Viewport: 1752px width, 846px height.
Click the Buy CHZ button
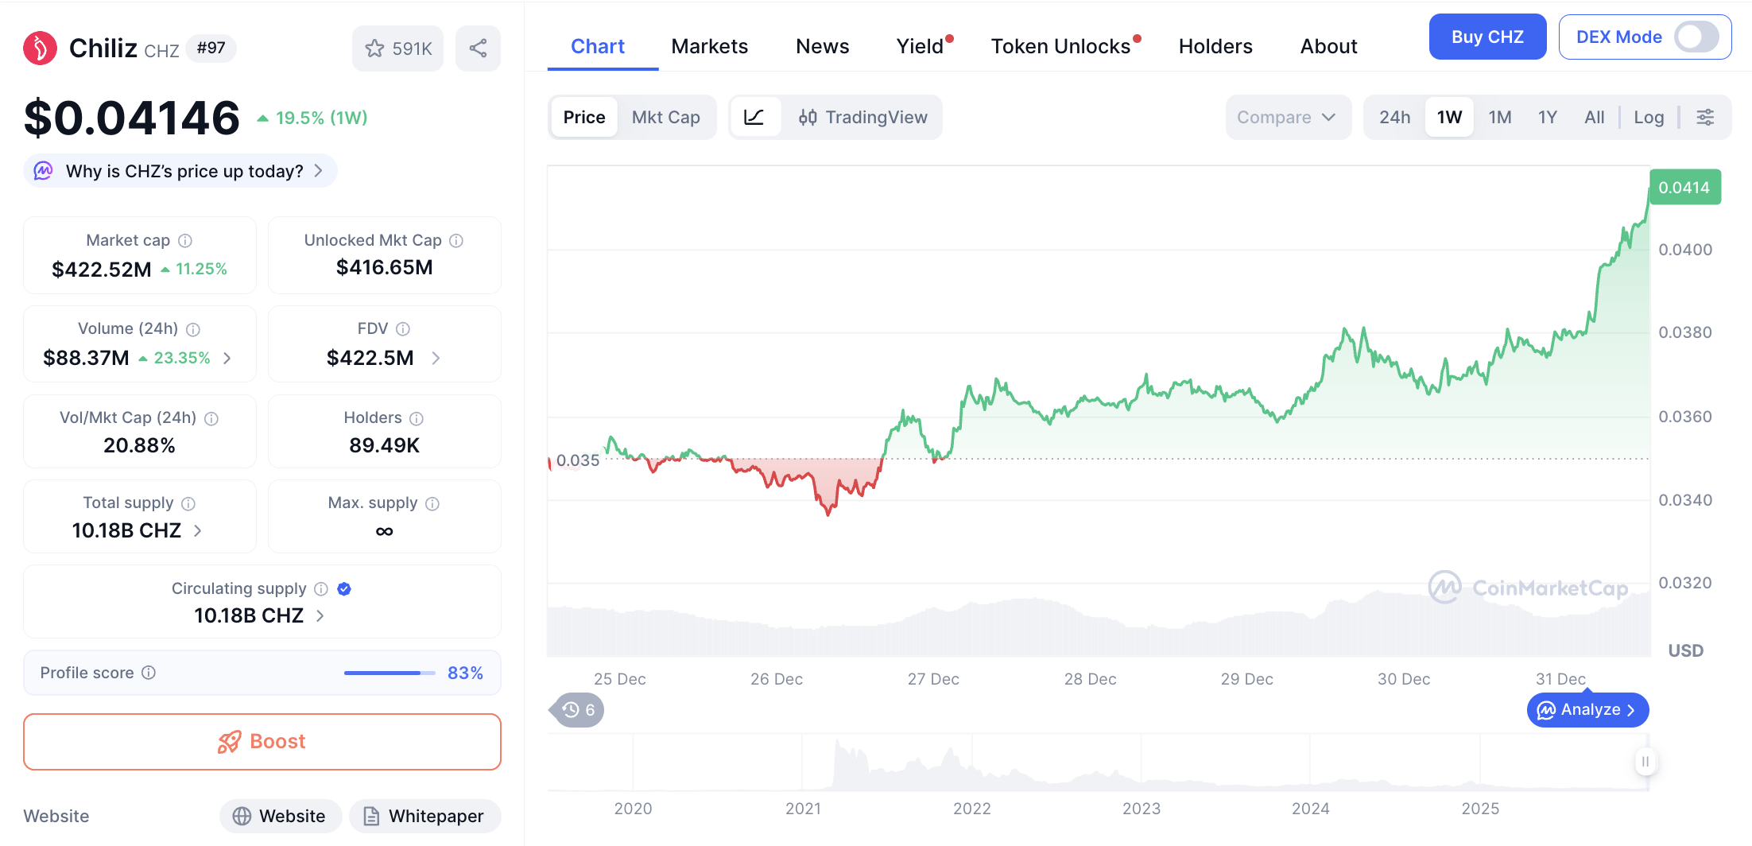1486,37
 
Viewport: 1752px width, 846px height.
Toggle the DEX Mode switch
1696,37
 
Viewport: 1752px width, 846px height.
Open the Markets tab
709,46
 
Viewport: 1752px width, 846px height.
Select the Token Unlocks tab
1060,46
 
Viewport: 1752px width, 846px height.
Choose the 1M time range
1499,118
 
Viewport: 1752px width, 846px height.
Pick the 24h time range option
1394,118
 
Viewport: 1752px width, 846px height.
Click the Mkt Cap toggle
665,118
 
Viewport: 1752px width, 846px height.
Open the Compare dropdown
1286,118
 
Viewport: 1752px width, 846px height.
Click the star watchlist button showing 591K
397,49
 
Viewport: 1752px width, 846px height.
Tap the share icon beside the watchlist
478,49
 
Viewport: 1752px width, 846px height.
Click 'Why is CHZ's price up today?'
184,171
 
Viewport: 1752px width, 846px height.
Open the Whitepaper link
424,816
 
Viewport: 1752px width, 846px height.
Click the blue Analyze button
1587,709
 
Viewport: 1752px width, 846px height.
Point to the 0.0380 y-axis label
1684,332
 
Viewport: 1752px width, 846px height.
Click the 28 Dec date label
1090,679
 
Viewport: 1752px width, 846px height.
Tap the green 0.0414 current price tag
1684,188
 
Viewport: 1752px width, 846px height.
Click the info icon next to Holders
417,418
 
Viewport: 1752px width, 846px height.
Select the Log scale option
1648,118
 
